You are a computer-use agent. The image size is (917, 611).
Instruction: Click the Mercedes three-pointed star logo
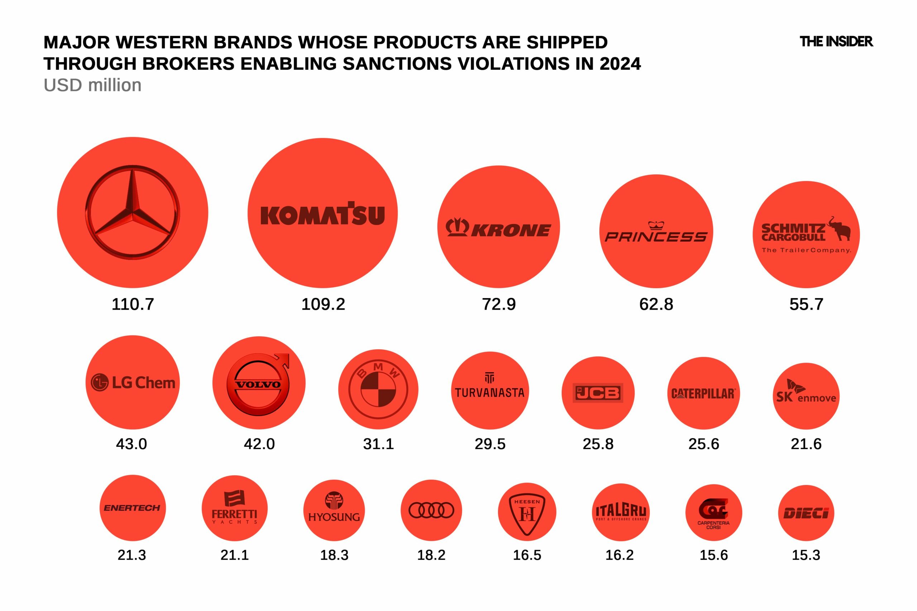[x=133, y=213]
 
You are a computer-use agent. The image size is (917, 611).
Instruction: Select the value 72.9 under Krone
[x=499, y=304]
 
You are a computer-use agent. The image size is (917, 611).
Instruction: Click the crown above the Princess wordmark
[x=656, y=225]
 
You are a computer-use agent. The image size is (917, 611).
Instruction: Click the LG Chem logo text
[x=133, y=383]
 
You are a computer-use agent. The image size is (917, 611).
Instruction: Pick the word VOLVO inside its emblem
[x=259, y=384]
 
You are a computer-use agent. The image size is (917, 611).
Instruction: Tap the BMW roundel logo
[x=378, y=389]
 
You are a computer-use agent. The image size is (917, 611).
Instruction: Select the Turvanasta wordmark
[x=490, y=392]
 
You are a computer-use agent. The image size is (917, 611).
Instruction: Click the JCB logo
[x=598, y=393]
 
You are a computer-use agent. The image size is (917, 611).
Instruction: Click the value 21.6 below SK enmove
[x=806, y=444]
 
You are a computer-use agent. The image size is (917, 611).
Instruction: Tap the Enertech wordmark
[x=132, y=508]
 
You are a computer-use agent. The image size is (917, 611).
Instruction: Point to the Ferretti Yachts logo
[x=234, y=507]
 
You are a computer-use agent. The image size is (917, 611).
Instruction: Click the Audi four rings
[x=431, y=510]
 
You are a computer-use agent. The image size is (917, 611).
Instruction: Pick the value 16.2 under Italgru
[x=620, y=555]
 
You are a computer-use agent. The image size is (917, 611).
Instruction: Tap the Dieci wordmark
[x=806, y=513]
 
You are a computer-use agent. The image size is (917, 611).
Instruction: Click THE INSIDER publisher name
[x=836, y=41]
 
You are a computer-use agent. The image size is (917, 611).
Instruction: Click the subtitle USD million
[x=92, y=85]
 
